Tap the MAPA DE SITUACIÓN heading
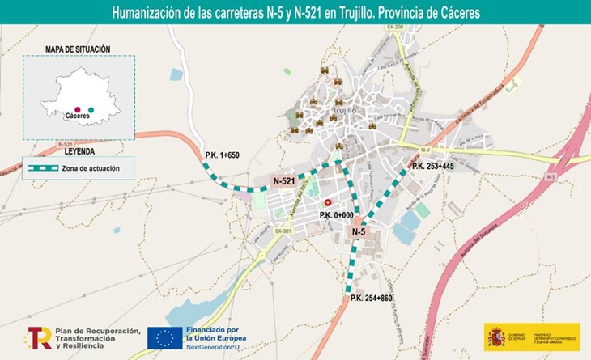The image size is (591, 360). coord(78,49)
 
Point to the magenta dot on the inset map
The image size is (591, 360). coord(77,108)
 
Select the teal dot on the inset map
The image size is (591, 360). coord(91,109)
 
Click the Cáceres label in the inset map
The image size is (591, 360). coord(77,117)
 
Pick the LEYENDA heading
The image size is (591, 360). coord(79,151)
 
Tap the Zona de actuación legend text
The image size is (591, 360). coord(91,168)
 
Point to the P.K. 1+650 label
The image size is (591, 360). coord(223,155)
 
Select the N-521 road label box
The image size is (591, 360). coord(283,181)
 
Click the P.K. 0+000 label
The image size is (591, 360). coord(336,214)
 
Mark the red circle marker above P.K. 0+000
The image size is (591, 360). coord(328,201)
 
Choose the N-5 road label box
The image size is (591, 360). coord(359,232)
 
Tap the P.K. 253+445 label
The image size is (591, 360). coord(436,166)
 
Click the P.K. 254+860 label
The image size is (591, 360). coord(372,299)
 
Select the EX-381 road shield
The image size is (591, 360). coord(283,231)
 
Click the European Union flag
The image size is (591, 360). coord(164,338)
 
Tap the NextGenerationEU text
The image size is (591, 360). coord(216,345)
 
